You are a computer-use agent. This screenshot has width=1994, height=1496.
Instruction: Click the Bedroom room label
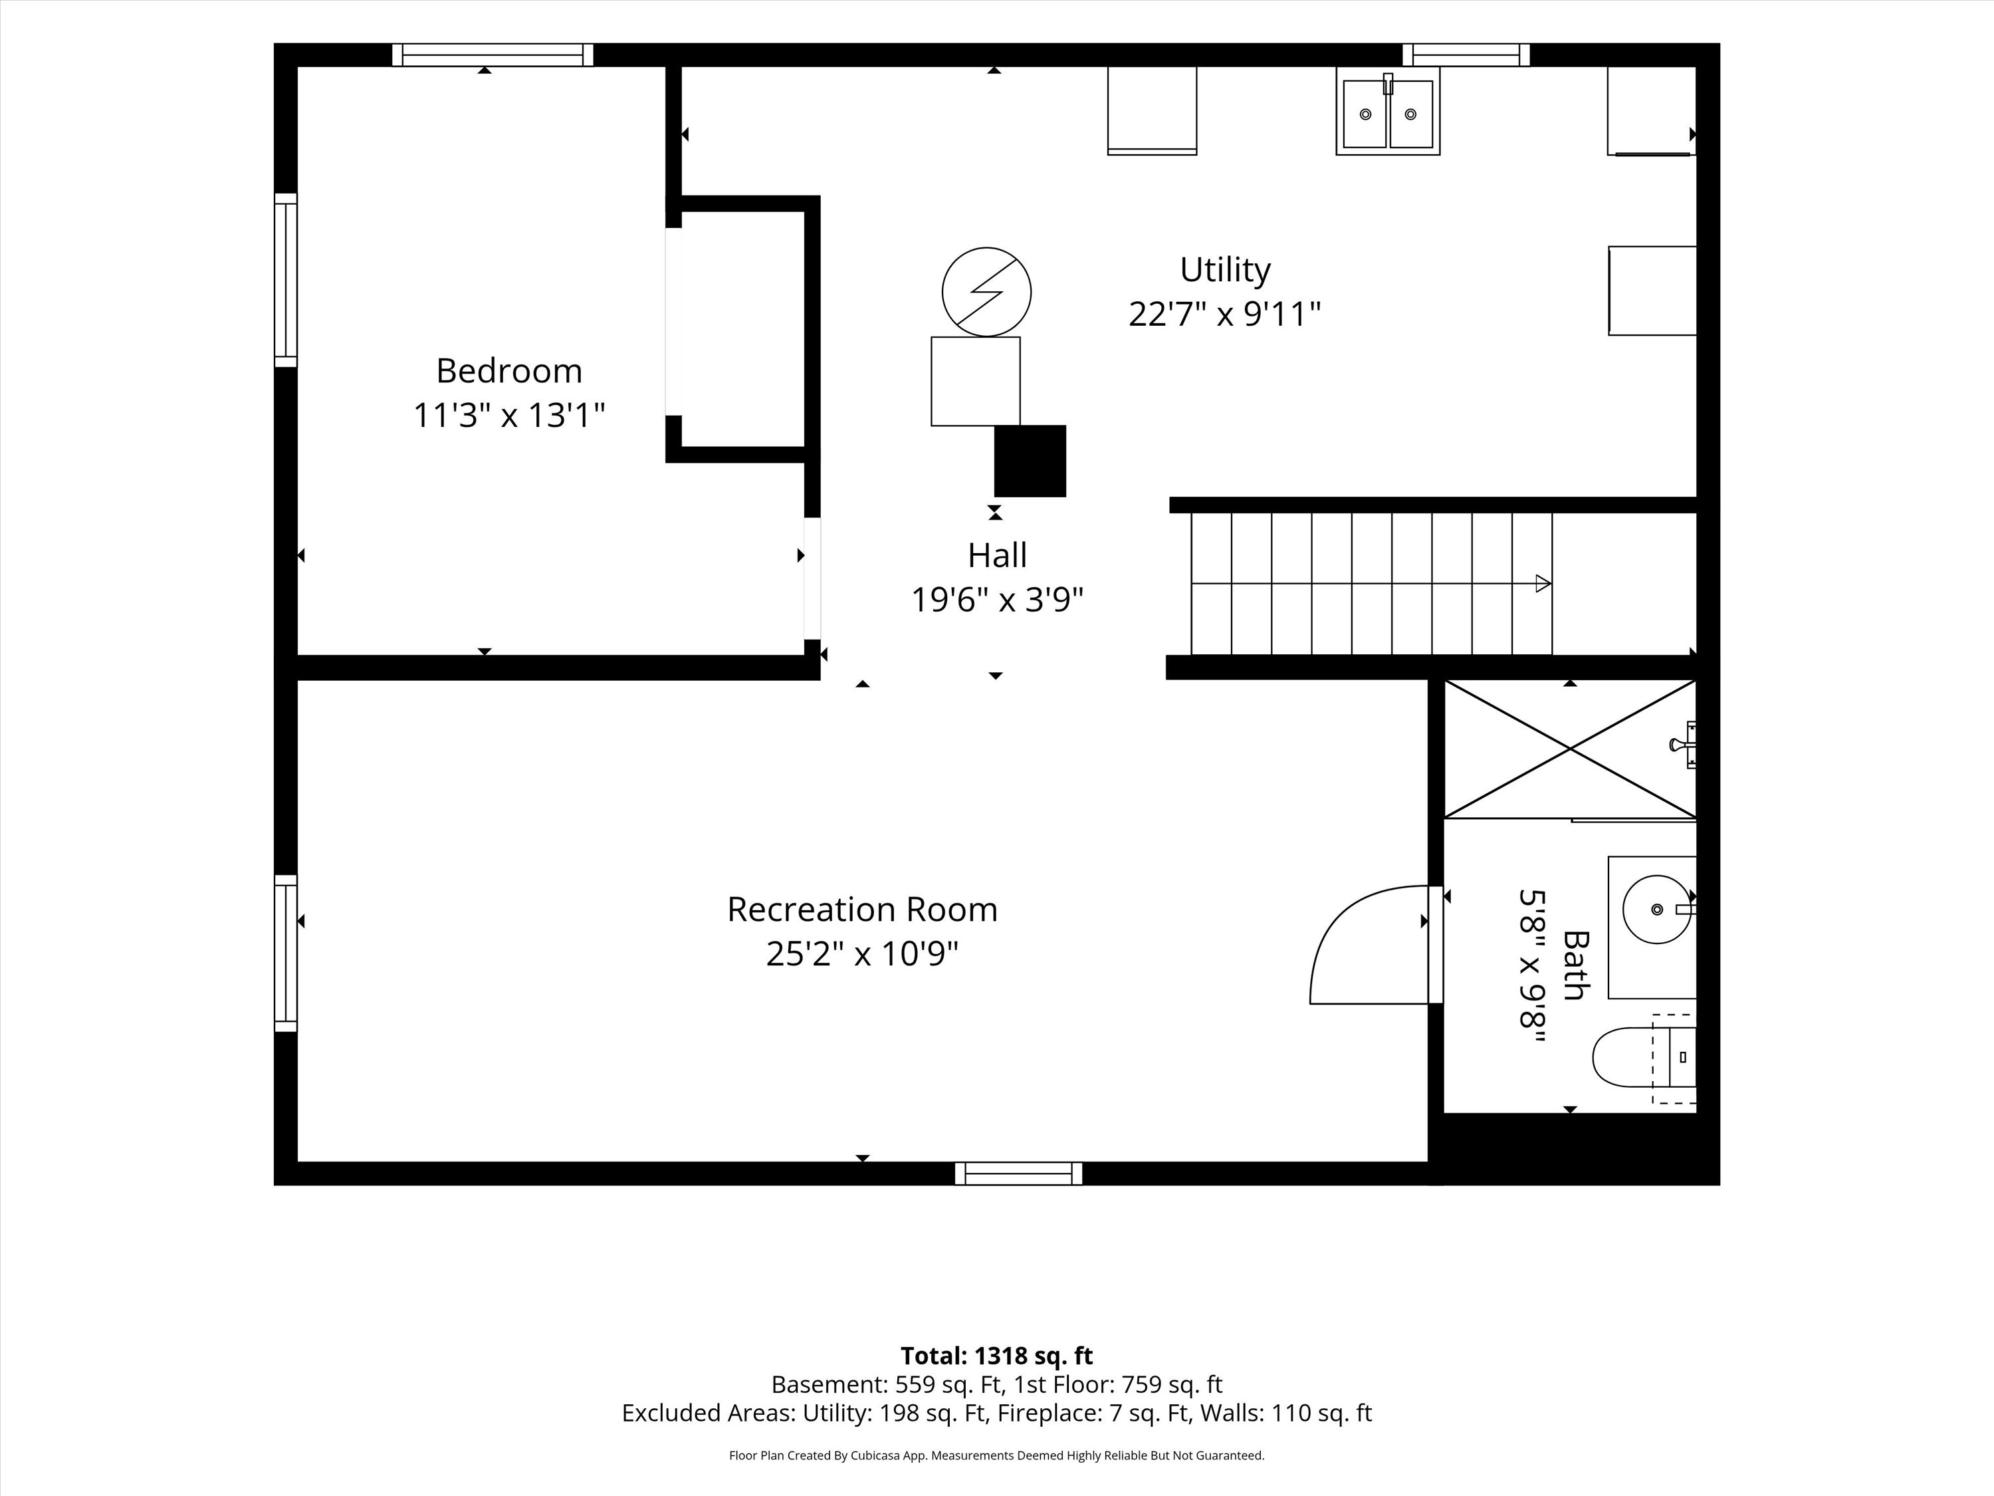pos(508,370)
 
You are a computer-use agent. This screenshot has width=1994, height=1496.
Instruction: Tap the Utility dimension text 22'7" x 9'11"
pos(1224,314)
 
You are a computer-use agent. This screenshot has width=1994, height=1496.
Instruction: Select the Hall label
pos(997,555)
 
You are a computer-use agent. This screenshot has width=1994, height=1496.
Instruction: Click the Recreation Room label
pos(862,909)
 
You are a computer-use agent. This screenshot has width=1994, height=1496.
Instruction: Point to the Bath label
pos(1575,965)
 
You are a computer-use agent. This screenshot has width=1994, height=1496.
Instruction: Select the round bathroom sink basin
pos(1657,909)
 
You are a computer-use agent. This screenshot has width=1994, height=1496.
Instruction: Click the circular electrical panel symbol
pos(986,292)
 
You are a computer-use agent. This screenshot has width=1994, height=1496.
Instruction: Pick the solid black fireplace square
pos(1030,461)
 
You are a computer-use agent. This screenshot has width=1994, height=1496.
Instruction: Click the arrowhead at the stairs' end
pos(1543,583)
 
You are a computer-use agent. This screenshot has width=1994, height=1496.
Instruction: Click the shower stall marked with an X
pos(1571,749)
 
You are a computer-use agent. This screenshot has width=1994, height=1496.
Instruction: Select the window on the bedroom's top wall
pos(493,55)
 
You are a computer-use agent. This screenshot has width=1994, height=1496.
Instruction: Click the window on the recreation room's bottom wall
pos(1019,1173)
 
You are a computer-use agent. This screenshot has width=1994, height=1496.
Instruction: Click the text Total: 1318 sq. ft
pos(997,1355)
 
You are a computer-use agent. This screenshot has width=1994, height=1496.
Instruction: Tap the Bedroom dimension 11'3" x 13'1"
pos(508,416)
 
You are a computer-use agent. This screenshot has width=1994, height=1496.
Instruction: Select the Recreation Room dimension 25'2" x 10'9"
pos(862,953)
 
